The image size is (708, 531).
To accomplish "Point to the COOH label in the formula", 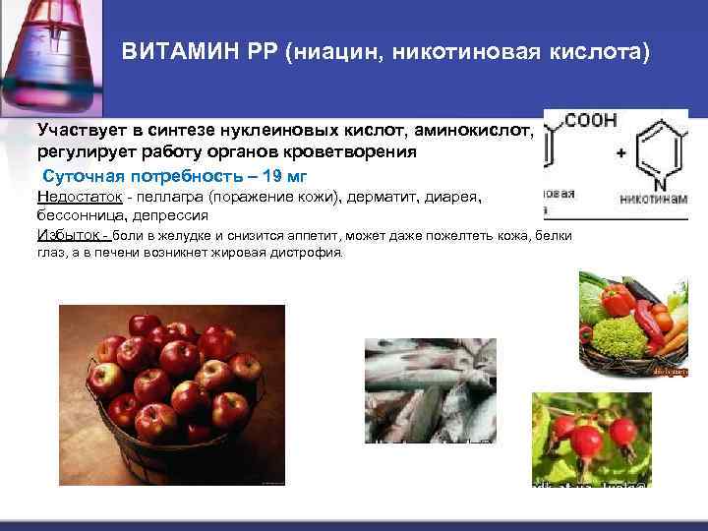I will click(x=591, y=120).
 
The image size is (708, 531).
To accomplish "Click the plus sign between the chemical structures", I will click(x=620, y=153).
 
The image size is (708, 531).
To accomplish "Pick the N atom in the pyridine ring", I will click(x=658, y=181).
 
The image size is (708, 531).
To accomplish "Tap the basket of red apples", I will click(x=172, y=393).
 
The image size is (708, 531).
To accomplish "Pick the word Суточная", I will click(x=81, y=176).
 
